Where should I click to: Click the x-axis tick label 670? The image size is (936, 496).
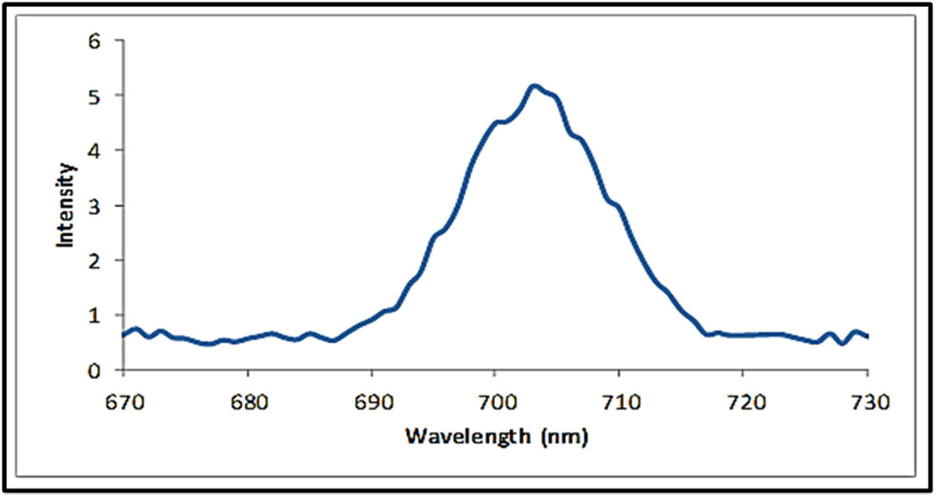[124, 403]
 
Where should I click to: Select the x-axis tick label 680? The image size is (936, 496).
[248, 403]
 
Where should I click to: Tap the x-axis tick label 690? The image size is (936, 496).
[371, 403]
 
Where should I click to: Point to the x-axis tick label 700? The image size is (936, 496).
[495, 403]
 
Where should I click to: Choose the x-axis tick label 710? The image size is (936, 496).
[618, 403]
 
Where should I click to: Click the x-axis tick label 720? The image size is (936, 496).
[743, 403]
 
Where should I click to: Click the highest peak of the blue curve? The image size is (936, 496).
[534, 86]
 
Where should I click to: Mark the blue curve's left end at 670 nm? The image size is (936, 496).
[124, 335]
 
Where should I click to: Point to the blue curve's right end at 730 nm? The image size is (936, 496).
[867, 336]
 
